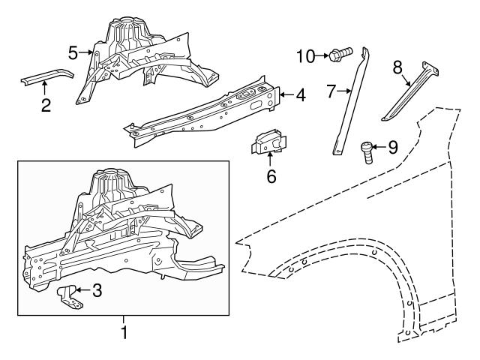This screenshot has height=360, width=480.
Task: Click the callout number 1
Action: [x=124, y=331]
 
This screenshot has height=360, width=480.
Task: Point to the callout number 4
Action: [x=300, y=95]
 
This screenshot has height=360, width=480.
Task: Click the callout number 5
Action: [x=73, y=52]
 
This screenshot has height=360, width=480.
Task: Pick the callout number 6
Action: [x=271, y=176]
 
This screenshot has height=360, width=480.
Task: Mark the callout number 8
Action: [x=398, y=67]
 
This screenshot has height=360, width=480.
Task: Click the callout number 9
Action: [x=392, y=148]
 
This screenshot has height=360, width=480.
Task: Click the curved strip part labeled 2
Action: [x=46, y=78]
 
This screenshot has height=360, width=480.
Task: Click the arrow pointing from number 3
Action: [x=82, y=290]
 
